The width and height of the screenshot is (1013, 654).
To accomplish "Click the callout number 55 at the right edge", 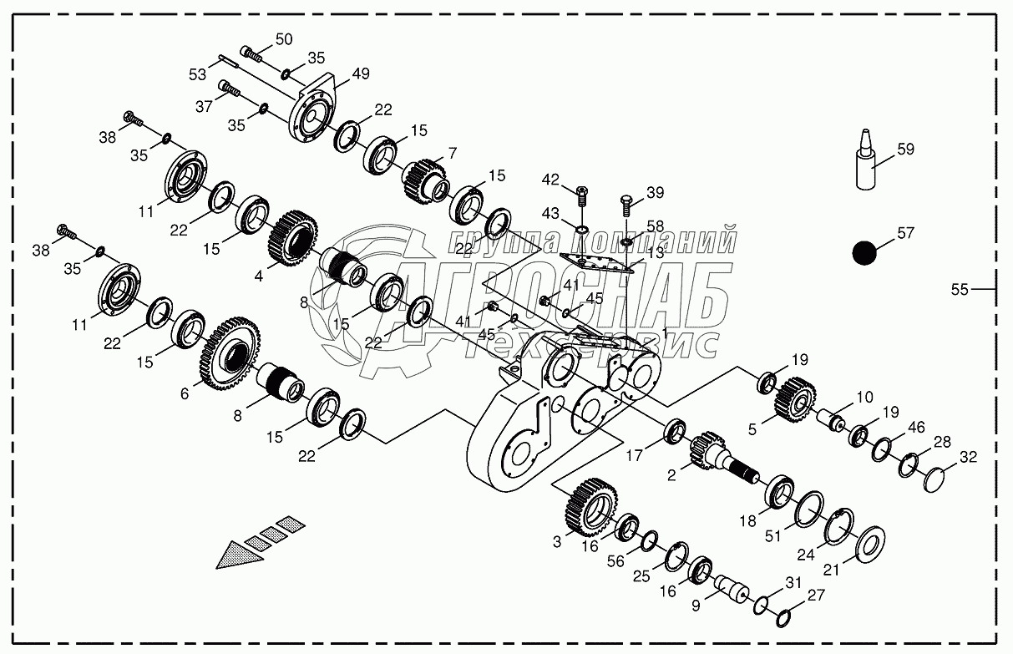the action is pos(960,289).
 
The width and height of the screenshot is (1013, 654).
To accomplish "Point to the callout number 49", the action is pos(360,74).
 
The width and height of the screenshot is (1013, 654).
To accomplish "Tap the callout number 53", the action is pos(197,74).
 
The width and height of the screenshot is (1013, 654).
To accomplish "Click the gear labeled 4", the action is pos(292,235).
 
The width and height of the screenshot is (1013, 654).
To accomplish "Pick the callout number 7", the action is pos(452,153).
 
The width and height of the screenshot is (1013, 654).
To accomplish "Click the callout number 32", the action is pos(968,457).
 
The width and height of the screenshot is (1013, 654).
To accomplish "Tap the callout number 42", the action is pos(550,179).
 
